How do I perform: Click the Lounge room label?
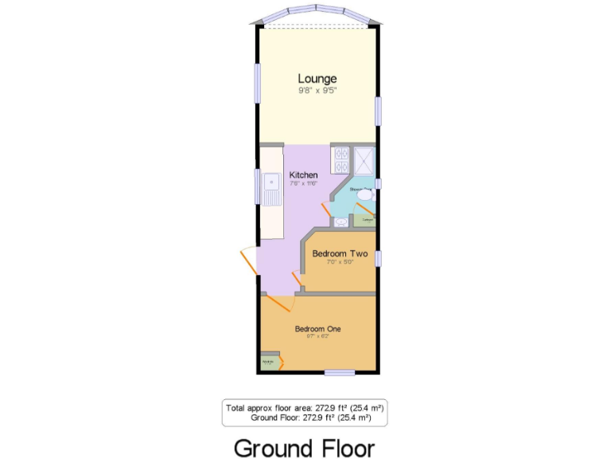pyautogui.click(x=317, y=78)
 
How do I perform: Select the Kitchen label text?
pyautogui.click(x=303, y=175)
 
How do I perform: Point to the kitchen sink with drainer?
pyautogui.click(x=271, y=191)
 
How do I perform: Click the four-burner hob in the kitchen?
pyautogui.click(x=341, y=159)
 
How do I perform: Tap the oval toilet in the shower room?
pyautogui.click(x=365, y=194)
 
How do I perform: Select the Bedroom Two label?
pyautogui.click(x=340, y=253)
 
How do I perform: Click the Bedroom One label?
pyautogui.click(x=317, y=328)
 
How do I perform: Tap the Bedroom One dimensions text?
pyautogui.click(x=317, y=336)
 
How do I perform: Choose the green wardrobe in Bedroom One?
pyautogui.click(x=270, y=362)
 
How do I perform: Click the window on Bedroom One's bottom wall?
pyautogui.click(x=340, y=372)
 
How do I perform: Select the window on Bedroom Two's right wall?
pyautogui.click(x=379, y=258)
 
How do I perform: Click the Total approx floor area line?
pyautogui.click(x=305, y=407)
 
